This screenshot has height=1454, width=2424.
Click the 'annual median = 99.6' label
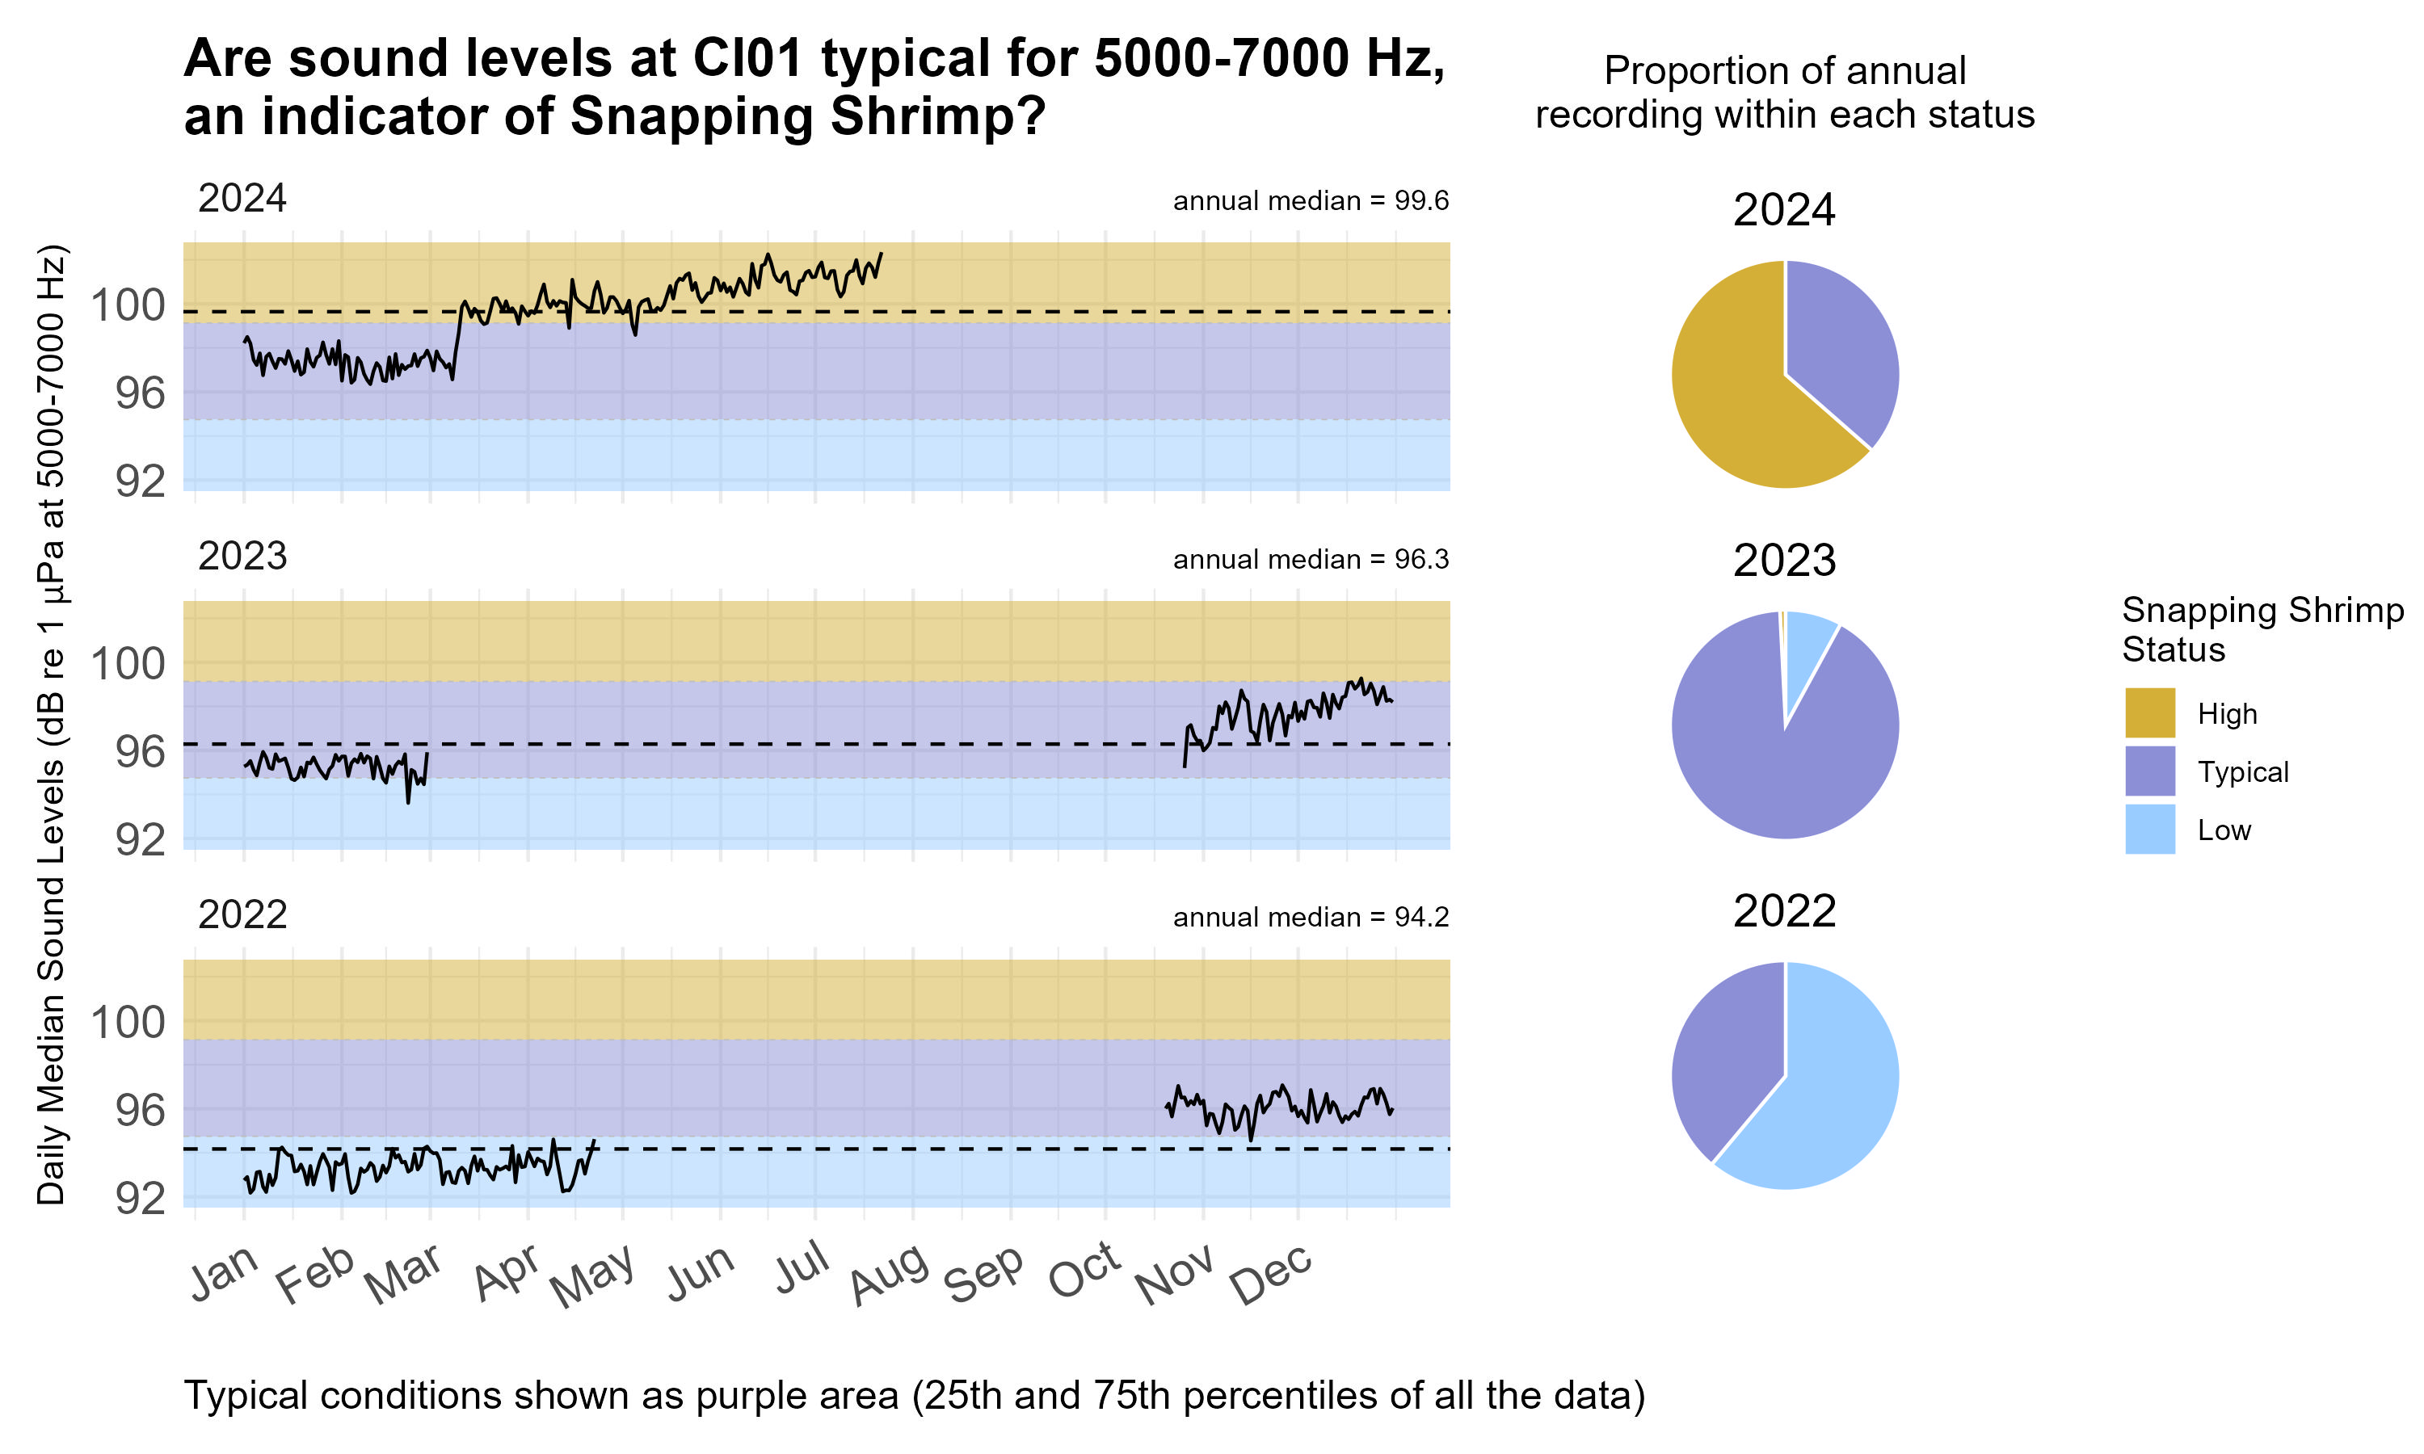(1310, 201)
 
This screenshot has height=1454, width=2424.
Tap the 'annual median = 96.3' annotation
(1310, 560)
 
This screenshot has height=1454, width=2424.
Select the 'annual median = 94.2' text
(1310, 917)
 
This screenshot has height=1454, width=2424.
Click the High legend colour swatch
(2149, 712)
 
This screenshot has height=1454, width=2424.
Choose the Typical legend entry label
(2243, 772)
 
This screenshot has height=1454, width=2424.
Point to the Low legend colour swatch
(2149, 829)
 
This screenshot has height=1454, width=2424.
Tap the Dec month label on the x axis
(1271, 1275)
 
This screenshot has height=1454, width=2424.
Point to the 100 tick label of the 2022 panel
(128, 1023)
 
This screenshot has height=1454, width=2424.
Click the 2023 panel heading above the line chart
(242, 557)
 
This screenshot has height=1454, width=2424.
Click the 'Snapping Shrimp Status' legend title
(2262, 629)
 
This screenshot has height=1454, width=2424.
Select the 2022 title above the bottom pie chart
(1783, 911)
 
